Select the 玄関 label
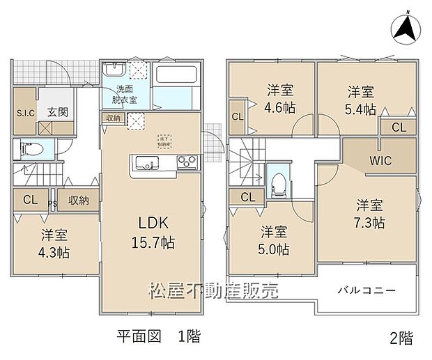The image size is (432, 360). (58, 112)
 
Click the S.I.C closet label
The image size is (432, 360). (26, 113)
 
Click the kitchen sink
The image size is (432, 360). (147, 163)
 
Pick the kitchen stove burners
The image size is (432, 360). (187, 163)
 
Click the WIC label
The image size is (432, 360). (380, 161)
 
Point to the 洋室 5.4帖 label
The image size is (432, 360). (361, 100)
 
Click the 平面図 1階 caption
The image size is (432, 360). (158, 337)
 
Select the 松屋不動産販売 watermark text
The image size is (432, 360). (213, 290)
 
